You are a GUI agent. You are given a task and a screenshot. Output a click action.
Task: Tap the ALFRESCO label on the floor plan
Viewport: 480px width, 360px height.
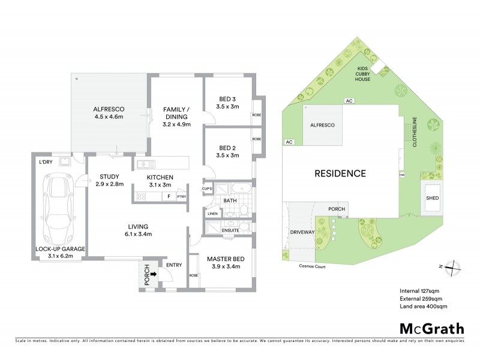108,110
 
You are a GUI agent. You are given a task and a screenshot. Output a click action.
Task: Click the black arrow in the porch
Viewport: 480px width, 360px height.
153,274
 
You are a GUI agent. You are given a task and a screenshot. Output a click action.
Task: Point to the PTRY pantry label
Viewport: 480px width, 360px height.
181,196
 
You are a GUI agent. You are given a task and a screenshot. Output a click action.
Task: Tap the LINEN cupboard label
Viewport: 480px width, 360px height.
212,214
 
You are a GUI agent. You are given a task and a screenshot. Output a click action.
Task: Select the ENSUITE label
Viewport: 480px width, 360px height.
230,230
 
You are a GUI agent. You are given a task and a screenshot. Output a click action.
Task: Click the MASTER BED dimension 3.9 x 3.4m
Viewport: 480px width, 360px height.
223,266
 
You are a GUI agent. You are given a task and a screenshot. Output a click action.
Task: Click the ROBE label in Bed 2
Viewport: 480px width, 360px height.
256,139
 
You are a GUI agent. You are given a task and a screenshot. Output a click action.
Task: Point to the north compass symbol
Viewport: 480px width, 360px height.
455,266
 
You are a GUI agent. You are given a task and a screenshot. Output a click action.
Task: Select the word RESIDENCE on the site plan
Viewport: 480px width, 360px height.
341,173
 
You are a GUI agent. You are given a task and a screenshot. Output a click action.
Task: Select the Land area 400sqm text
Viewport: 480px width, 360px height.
423,307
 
